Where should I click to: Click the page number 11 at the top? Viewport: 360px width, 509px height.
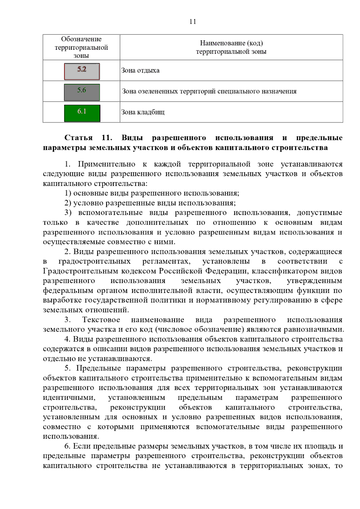click(x=193, y=21)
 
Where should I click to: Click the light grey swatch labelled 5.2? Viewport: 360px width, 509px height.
click(x=82, y=71)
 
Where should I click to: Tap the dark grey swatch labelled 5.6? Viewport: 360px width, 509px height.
click(x=82, y=92)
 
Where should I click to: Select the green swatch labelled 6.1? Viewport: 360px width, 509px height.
click(x=82, y=113)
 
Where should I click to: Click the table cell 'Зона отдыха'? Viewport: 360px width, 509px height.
click(x=140, y=71)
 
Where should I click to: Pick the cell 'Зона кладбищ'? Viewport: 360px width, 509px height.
click(x=143, y=112)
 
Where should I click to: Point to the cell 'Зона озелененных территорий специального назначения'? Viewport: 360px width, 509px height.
click(x=209, y=91)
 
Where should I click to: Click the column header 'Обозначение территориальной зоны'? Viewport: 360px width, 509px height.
click(x=81, y=47)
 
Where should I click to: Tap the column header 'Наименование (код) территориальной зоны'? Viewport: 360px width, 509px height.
click(x=231, y=47)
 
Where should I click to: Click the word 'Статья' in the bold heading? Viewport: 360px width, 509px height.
click(x=79, y=138)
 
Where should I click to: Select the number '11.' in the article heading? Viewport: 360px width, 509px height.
click(x=107, y=138)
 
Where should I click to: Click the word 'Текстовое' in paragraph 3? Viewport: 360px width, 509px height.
click(x=101, y=320)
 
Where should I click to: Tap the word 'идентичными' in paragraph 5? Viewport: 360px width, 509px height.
click(x=69, y=398)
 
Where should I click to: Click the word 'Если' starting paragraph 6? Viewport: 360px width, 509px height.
click(x=82, y=446)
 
